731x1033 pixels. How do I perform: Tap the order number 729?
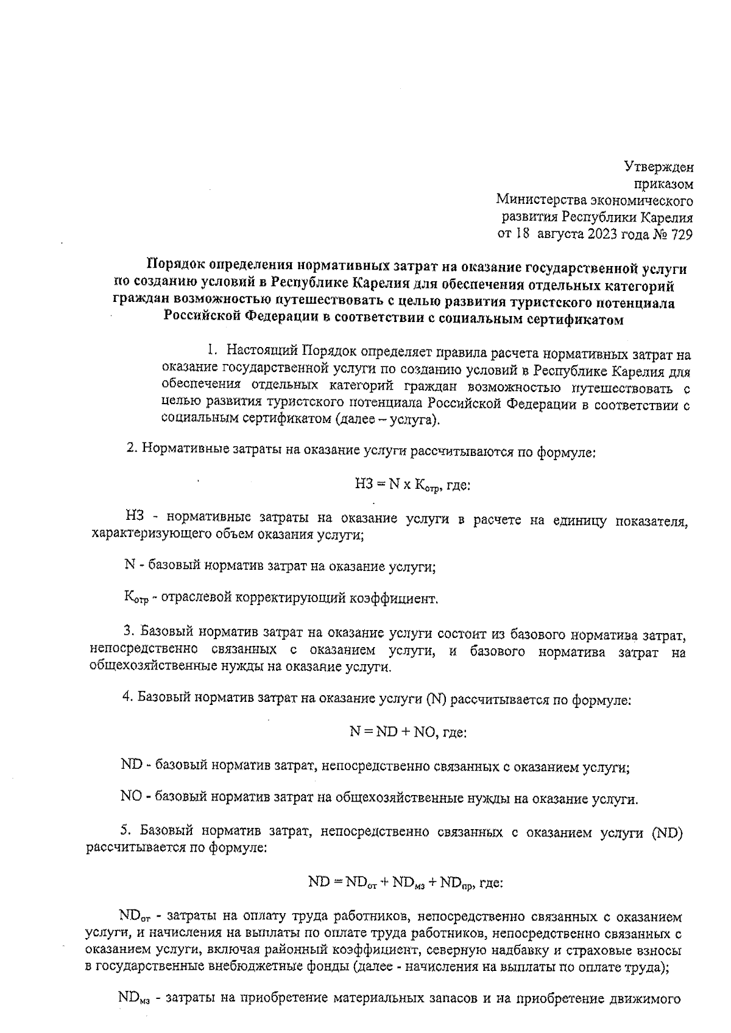(x=680, y=234)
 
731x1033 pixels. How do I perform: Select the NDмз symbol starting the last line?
(x=133, y=1000)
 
